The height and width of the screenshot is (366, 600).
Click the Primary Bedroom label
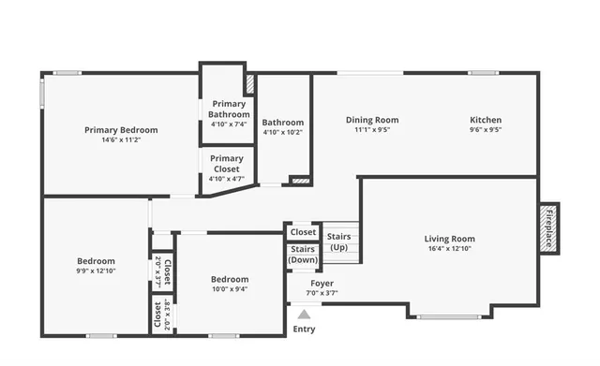pos(121,130)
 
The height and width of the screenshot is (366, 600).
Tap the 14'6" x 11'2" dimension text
pos(121,140)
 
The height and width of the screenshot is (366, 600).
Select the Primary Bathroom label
pos(228,109)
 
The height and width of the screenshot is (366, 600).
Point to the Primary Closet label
pos(226,164)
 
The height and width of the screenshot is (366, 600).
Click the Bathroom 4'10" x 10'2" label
pos(282,123)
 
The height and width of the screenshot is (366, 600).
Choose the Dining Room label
pos(372,120)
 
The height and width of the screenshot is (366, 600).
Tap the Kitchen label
pos(485,120)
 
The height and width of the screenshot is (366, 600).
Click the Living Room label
pos(449,239)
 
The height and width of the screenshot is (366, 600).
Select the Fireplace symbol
pos(548,227)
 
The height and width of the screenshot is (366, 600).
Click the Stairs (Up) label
pos(338,242)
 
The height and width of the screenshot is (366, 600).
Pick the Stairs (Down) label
pos(302,255)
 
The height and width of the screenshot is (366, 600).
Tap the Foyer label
pos(322,283)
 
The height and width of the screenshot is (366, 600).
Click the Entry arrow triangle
pos(304,315)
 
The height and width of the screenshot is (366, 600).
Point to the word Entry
pos(304,329)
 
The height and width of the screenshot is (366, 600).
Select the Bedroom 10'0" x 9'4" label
pos(230,279)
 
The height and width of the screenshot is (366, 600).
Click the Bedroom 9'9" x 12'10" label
pos(96,261)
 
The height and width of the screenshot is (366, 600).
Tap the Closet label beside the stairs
pos(303,232)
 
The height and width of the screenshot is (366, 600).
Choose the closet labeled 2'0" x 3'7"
pos(162,271)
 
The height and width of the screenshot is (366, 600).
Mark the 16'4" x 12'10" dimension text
pos(449,250)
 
